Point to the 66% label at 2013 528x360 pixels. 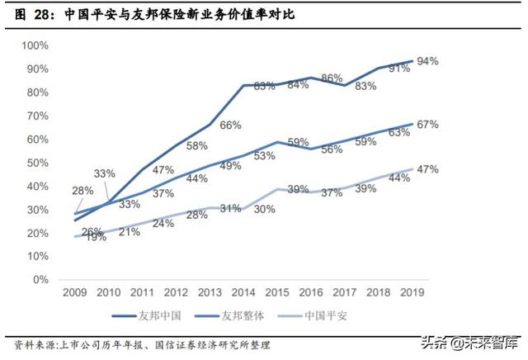pos(230,125)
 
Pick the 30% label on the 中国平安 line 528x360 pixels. pos(264,209)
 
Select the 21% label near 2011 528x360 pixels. pos(130,232)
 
